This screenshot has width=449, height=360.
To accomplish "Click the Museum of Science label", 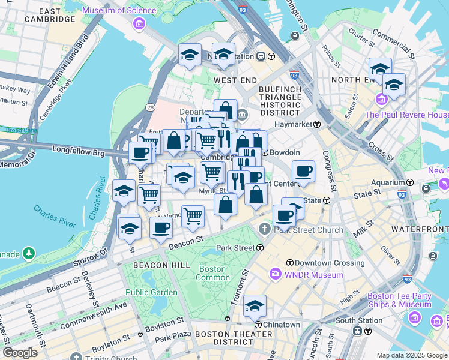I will point(120,10).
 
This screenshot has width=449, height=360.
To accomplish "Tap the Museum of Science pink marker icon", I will point(139,24).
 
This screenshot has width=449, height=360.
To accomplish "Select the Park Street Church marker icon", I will point(265,229).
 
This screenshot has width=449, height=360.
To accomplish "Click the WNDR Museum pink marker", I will point(276,275).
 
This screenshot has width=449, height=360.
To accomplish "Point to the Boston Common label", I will point(213,273).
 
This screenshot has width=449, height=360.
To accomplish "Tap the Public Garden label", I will point(151,292).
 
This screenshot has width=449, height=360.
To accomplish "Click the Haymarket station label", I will point(294,124).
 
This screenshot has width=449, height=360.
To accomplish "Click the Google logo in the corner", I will point(20,353).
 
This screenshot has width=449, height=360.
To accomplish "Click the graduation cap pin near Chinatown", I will point(255,306).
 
